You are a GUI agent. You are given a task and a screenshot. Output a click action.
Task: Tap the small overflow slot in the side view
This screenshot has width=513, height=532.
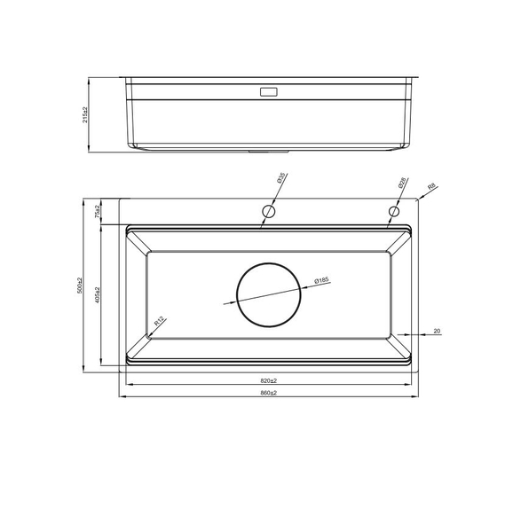tap(268, 91)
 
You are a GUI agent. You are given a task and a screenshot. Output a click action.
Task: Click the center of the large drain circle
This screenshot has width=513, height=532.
tap(269, 295)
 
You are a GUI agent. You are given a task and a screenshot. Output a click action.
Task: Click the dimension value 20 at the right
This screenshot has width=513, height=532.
tap(437, 331)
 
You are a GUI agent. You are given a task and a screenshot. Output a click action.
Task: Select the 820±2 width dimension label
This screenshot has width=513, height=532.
tap(268, 379)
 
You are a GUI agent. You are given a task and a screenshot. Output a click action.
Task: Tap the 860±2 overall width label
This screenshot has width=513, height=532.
tap(268, 392)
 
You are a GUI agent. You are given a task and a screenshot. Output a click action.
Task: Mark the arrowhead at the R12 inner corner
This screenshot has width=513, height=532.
tap(147, 336)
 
